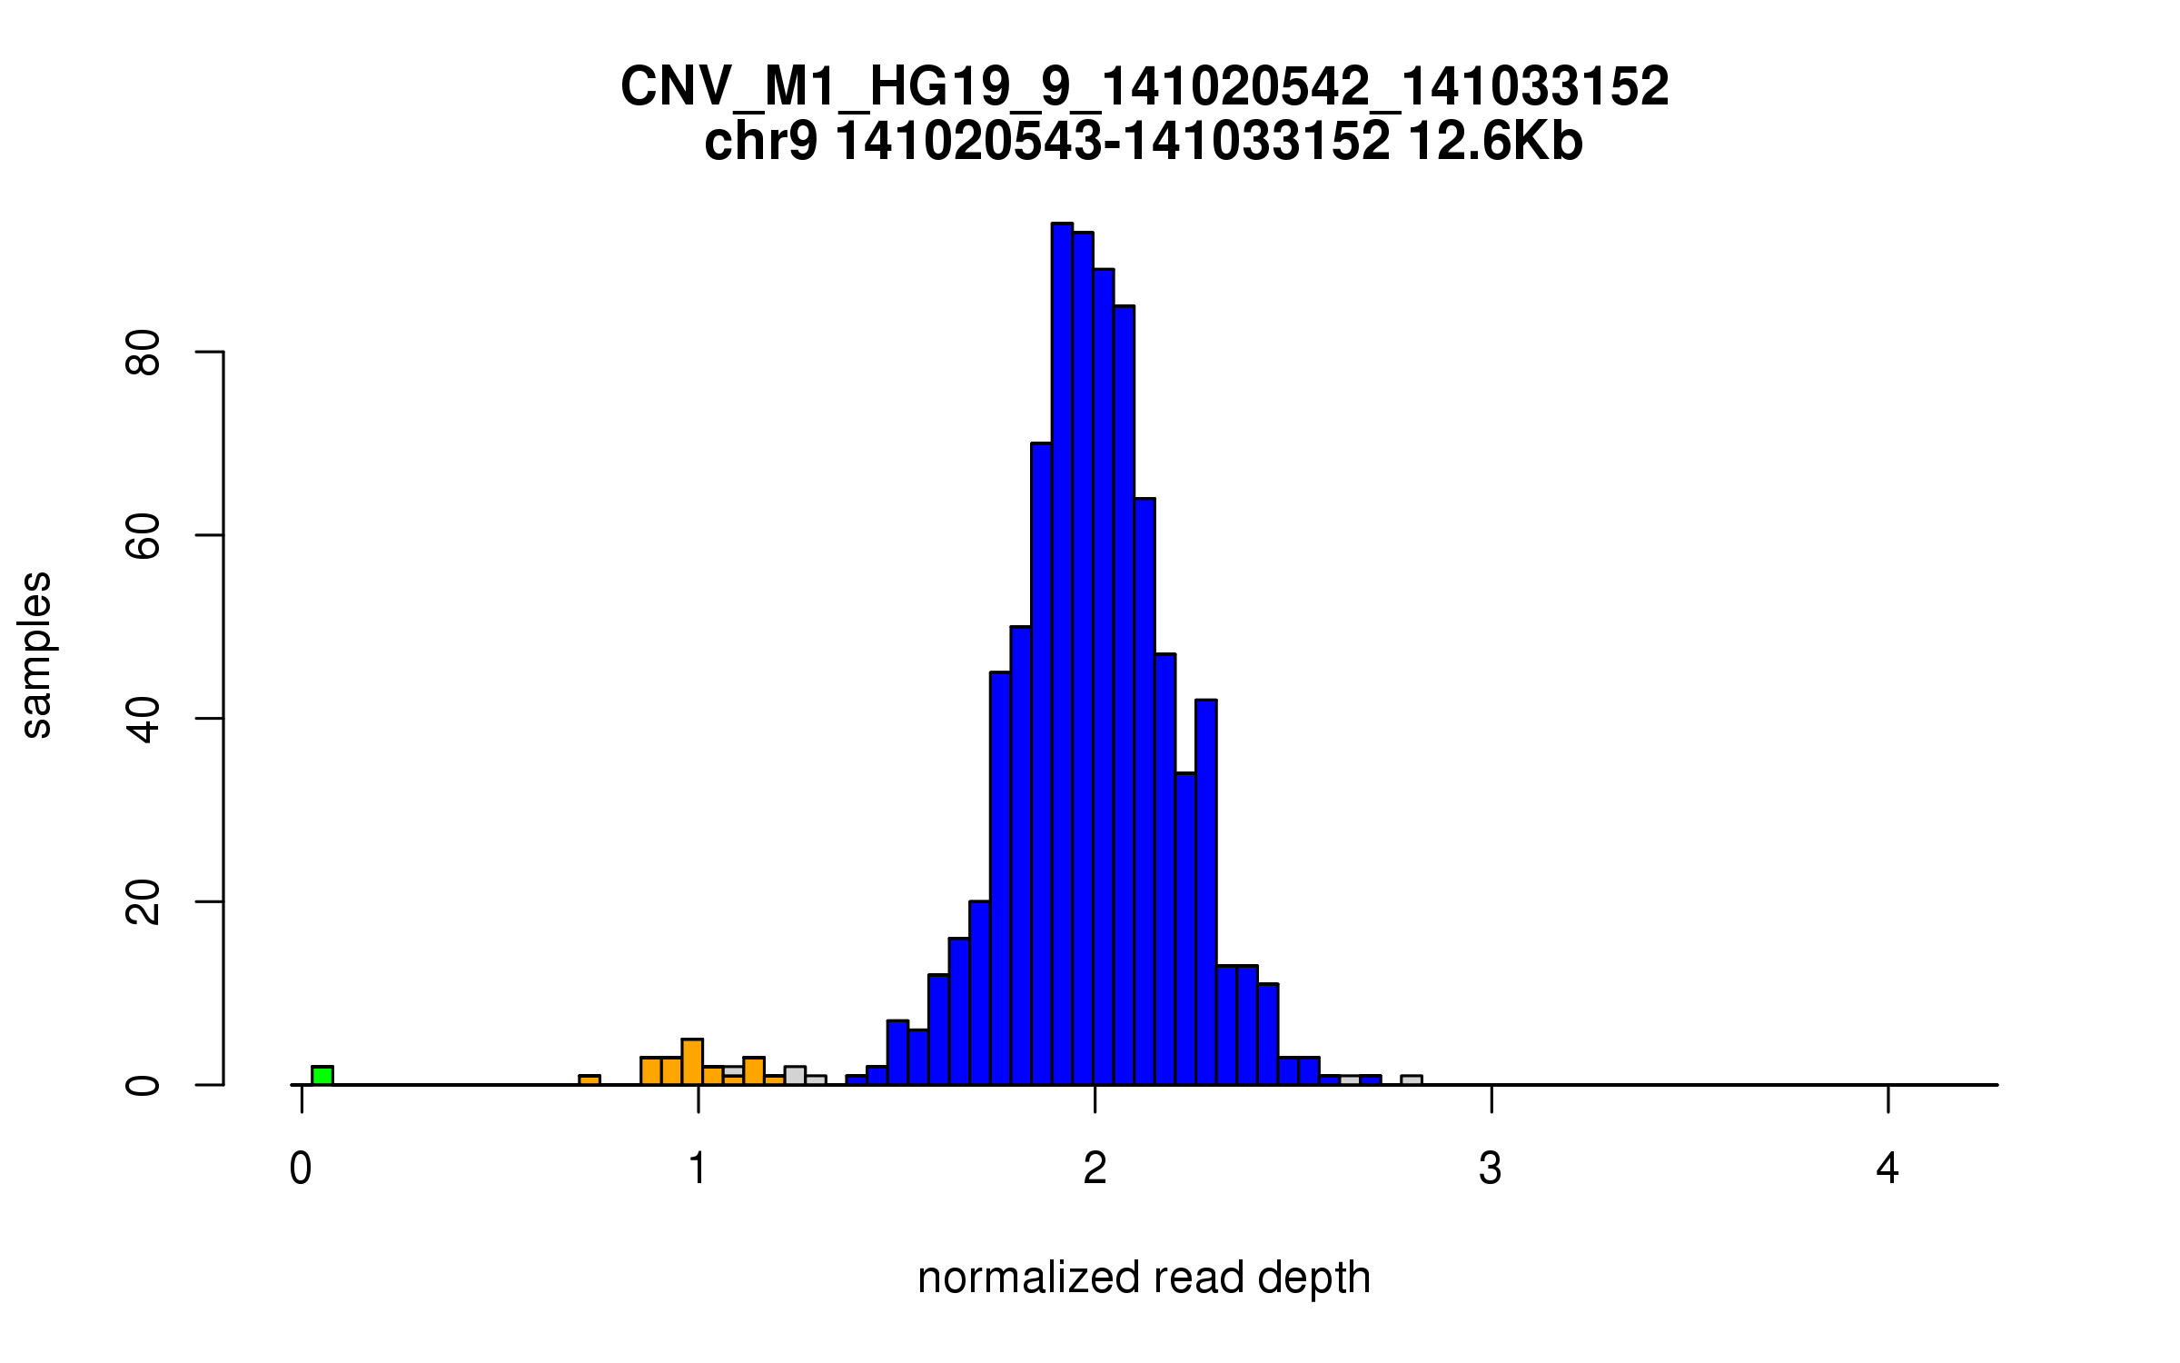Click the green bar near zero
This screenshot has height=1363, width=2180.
322,1075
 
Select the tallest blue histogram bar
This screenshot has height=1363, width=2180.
1062,654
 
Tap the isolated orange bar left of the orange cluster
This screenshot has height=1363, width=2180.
590,1079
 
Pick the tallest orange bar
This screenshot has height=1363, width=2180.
692,1061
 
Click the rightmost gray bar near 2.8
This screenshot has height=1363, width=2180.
1412,1079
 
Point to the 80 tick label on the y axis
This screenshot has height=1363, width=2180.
144,352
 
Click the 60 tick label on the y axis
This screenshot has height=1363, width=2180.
144,535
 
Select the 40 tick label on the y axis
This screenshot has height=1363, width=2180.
144,719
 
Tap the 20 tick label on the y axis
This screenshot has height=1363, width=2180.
144,902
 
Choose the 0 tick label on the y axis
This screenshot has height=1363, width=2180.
144,1085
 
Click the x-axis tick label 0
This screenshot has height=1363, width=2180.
301,1169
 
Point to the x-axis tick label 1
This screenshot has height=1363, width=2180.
698,1169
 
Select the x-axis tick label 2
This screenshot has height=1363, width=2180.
1095,1169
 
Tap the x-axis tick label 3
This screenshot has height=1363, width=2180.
1491,1169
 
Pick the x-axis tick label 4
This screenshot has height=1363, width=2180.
1888,1169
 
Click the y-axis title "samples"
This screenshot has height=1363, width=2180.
36,654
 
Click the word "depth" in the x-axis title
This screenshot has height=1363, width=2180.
1313,1278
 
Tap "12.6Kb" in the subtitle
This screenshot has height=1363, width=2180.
1495,142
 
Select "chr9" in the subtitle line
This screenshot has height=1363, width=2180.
760,142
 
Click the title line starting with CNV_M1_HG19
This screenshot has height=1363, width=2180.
1144,86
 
